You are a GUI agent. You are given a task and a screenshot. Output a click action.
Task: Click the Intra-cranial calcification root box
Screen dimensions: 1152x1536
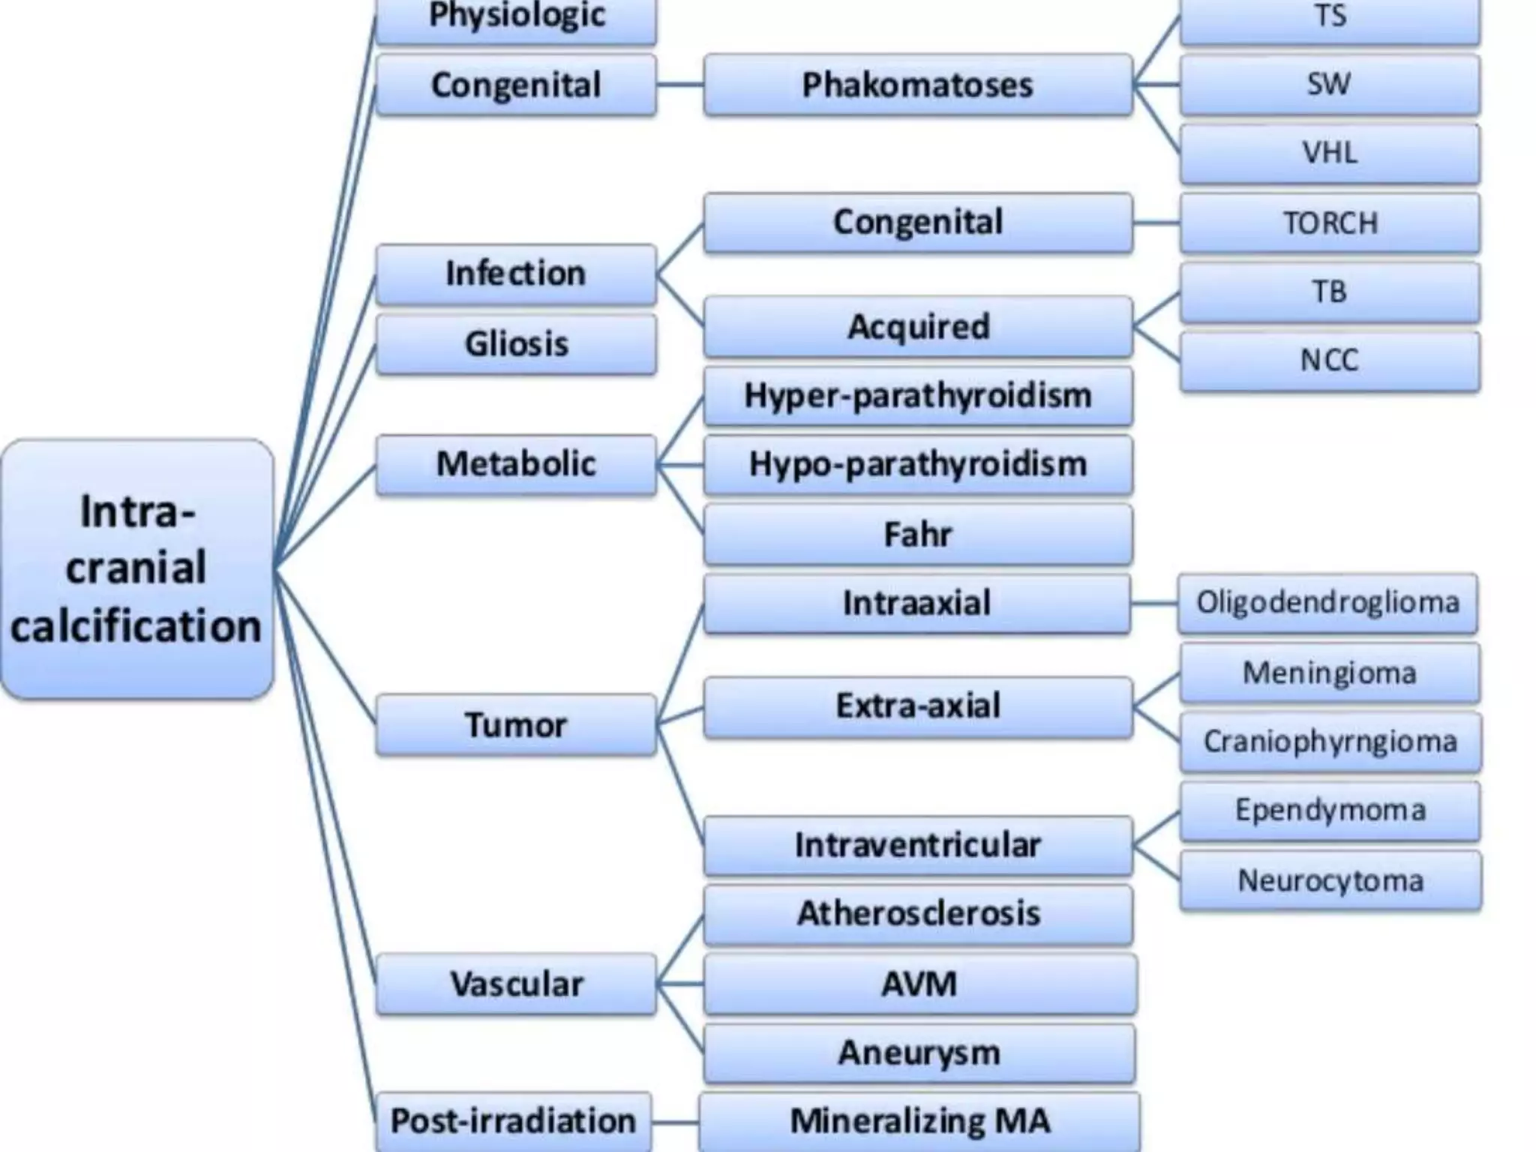click(x=137, y=568)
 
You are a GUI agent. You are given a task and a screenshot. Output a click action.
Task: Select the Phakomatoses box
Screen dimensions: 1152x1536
click(x=917, y=85)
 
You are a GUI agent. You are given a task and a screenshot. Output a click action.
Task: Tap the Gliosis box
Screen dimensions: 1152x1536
click(x=516, y=344)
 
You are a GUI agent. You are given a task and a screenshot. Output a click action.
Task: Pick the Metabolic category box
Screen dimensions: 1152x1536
click(x=516, y=464)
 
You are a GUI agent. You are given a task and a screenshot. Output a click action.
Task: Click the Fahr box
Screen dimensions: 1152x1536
click(x=917, y=534)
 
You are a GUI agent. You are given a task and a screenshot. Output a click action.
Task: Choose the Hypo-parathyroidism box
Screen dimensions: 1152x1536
click(x=917, y=464)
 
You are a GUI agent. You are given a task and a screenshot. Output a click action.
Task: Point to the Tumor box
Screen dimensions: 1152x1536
click(x=516, y=724)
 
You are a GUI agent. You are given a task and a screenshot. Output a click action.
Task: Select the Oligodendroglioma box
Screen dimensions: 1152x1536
click(x=1327, y=603)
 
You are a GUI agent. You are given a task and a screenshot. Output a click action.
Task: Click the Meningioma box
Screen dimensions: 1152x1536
click(x=1329, y=673)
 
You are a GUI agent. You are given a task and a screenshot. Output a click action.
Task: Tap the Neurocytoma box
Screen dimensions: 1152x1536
click(x=1330, y=880)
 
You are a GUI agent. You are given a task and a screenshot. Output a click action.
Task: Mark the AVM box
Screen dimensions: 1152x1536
click(x=919, y=984)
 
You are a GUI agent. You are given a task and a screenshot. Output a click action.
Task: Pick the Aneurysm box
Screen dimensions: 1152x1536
click(x=919, y=1053)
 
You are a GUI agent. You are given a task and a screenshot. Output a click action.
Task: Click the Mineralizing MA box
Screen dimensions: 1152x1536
click(x=919, y=1121)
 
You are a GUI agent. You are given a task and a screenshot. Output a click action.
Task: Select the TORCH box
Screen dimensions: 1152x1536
click(x=1330, y=223)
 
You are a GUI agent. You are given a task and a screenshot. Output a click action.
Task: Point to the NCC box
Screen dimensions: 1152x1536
click(x=1330, y=361)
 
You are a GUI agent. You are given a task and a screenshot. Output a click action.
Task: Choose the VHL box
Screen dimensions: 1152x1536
click(x=1330, y=154)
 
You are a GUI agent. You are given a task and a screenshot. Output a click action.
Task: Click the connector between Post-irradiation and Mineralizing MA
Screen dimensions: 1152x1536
click(x=675, y=1123)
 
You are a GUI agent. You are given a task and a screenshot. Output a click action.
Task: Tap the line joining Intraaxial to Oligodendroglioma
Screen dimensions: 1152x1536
click(x=1154, y=603)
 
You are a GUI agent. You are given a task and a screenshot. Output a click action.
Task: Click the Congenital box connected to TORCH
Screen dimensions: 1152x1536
click(x=917, y=223)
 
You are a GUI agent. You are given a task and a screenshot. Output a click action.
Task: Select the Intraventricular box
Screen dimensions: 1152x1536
click(x=917, y=845)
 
